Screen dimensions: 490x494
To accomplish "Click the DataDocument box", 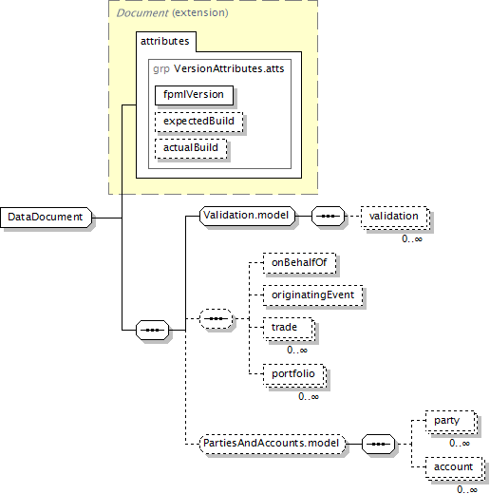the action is [x=47, y=218].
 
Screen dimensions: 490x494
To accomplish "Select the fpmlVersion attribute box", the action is [x=194, y=95].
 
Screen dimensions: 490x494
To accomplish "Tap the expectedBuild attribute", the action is [x=199, y=122].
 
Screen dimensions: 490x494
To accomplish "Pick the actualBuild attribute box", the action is [x=191, y=148].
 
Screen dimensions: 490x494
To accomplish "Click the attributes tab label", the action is [x=165, y=41].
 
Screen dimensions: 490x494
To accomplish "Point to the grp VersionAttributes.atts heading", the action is [x=218, y=68].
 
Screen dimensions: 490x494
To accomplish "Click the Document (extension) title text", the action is [x=173, y=13].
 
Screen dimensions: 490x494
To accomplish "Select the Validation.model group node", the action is [x=247, y=216].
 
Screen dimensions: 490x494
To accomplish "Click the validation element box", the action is [x=395, y=217].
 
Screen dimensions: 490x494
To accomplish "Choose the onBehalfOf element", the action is [x=299, y=263].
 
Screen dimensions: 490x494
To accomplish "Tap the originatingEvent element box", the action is [x=313, y=295].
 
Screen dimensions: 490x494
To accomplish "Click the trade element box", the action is [x=289, y=329].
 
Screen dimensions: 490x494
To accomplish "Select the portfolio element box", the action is [x=294, y=375].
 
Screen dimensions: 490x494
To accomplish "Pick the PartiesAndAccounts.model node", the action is [x=273, y=444].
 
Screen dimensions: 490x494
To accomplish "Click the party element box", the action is [x=451, y=422].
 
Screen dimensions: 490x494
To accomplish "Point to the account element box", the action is [x=455, y=467].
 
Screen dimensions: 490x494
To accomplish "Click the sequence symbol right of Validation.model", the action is [x=328, y=217].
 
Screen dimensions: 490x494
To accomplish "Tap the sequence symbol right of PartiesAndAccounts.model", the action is [x=378, y=444].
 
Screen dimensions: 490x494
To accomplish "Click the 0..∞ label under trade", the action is [x=297, y=350].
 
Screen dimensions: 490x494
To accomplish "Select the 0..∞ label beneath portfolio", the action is [x=309, y=396].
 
